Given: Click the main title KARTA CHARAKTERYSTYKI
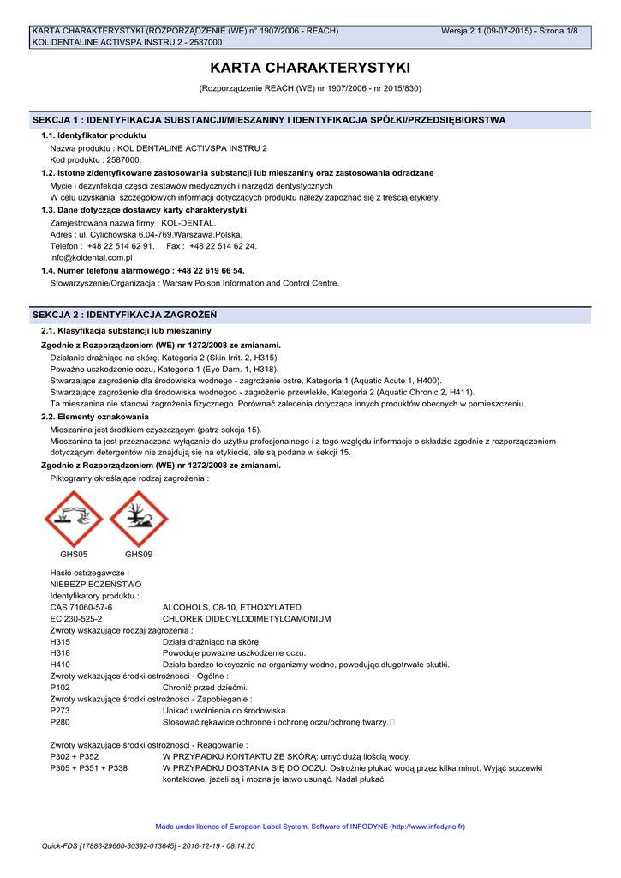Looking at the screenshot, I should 310,68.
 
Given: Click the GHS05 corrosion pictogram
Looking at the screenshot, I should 74,519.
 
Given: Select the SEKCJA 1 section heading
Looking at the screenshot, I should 268,120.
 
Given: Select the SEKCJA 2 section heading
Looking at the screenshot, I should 124,315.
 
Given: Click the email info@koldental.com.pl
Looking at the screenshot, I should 91,257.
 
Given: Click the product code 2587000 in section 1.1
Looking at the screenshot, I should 124,160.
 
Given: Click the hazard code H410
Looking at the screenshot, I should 60,665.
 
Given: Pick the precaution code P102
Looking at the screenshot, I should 60,688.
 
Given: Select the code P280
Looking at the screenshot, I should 60,722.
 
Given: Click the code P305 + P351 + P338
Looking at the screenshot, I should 89,768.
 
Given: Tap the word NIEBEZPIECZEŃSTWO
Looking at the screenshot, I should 96,584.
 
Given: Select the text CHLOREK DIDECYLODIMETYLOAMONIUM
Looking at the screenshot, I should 247,618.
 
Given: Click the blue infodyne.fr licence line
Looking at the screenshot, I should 310,827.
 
